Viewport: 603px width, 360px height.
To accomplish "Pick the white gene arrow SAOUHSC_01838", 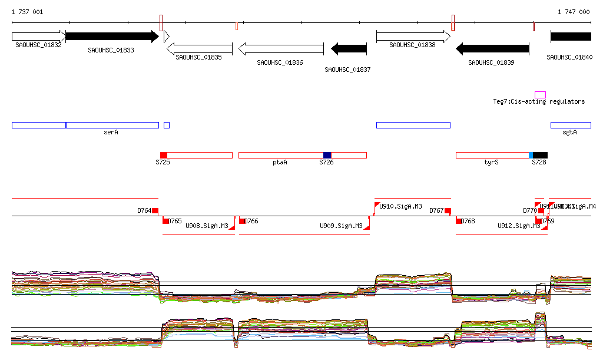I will (413, 37).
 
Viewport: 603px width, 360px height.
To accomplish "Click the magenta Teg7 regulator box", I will (540, 95).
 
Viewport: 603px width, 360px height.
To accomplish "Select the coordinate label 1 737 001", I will (27, 12).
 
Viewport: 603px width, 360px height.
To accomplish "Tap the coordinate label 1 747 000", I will (574, 12).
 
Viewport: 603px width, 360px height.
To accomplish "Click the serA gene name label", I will (111, 133).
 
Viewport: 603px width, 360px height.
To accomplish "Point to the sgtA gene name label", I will (569, 133).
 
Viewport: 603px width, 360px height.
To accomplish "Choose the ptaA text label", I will (280, 162).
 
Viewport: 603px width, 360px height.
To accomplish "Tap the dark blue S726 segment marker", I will (327, 155).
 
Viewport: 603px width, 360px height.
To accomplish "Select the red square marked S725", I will (164, 155).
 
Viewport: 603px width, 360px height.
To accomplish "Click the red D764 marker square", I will (155, 210).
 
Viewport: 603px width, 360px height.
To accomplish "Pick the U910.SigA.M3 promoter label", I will (400, 207).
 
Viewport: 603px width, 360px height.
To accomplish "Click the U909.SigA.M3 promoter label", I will (340, 226).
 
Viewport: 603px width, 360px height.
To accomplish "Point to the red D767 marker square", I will (448, 210).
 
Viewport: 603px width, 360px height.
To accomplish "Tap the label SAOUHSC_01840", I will (569, 58).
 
